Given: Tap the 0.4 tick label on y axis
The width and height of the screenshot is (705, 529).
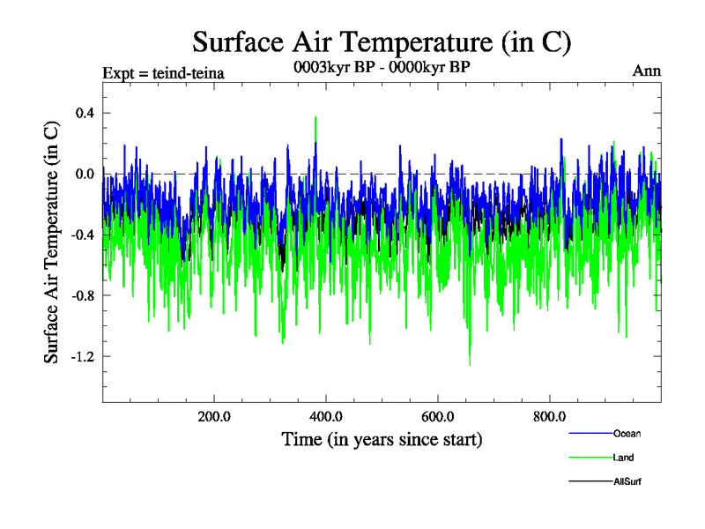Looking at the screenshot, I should (x=84, y=113).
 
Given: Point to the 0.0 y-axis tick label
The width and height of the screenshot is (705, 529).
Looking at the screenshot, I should (x=84, y=174).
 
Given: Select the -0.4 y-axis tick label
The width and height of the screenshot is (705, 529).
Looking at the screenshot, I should (x=81, y=235).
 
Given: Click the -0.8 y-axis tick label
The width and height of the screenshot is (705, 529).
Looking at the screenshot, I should (x=81, y=295).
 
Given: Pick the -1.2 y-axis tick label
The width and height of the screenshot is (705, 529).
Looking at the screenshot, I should (x=81, y=356).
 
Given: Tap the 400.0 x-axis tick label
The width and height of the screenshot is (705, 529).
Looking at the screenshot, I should (x=326, y=417).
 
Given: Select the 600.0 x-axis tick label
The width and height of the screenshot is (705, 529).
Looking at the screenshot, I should (x=437, y=417).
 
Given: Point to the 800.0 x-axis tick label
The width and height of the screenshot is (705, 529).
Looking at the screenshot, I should (x=549, y=417).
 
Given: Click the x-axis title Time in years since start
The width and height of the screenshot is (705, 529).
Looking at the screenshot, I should (x=382, y=438).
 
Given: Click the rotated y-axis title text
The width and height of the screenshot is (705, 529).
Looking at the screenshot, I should (x=52, y=242).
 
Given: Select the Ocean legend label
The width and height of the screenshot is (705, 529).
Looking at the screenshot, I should (x=627, y=434).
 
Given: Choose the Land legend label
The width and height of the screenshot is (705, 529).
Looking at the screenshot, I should (x=623, y=458).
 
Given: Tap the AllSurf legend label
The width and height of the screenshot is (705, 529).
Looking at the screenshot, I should (x=627, y=481).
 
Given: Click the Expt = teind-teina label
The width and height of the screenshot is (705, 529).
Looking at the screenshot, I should (x=163, y=72).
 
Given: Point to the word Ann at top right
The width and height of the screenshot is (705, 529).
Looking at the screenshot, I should (x=647, y=71).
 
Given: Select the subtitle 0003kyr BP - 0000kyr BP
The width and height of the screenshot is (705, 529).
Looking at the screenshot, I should (x=382, y=66).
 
